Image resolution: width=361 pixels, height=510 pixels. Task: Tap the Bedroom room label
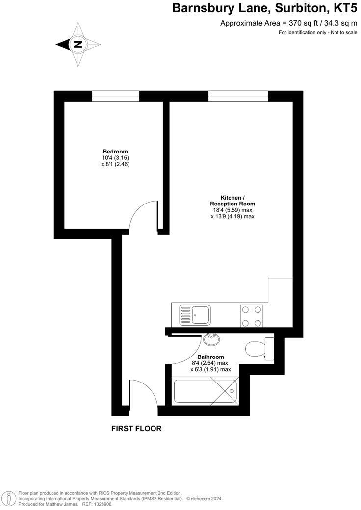point(115,151)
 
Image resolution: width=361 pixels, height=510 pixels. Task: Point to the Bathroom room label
point(210,357)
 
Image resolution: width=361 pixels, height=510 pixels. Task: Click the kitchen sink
point(195,314)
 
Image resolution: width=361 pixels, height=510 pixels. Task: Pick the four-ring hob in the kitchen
point(252,315)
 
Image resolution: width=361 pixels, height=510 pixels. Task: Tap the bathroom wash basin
point(212,339)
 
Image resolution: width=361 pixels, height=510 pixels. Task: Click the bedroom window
point(116,96)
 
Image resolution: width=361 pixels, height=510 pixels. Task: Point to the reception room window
point(238,96)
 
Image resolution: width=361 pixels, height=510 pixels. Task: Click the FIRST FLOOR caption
point(136,428)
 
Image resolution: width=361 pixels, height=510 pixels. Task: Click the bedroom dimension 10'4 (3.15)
point(115,158)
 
